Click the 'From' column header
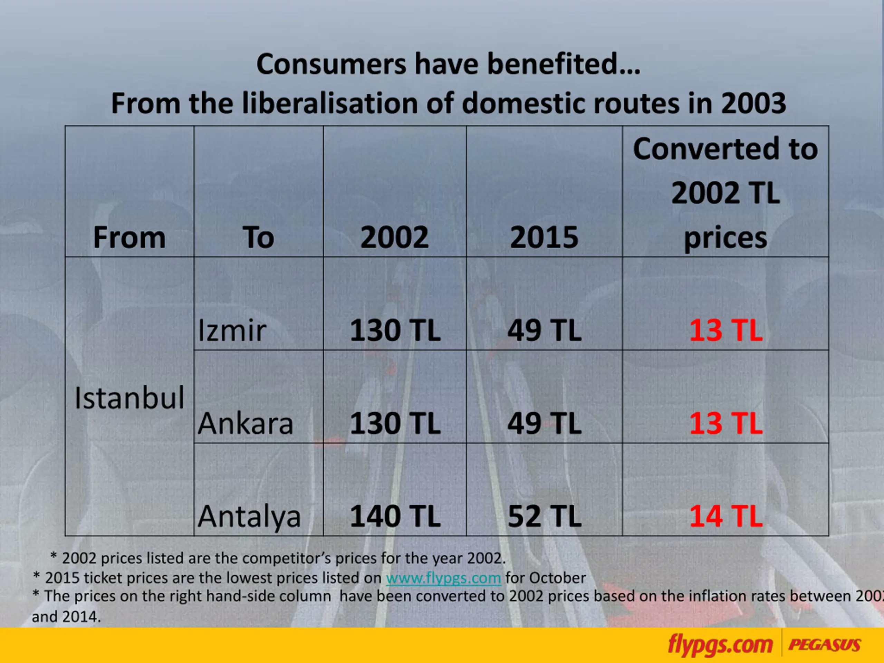(129, 237)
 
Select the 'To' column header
(258, 237)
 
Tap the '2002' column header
(394, 237)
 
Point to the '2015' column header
(544, 237)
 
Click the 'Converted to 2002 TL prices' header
(726, 193)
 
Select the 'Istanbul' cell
(129, 398)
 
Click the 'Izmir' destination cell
(232, 331)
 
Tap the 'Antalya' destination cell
(249, 516)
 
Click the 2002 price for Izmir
(395, 331)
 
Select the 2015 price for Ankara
(544, 424)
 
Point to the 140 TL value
(395, 516)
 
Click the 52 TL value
(544, 516)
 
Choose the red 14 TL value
(726, 516)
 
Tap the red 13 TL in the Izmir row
(726, 331)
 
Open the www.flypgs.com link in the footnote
(443, 578)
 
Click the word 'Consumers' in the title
(331, 64)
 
